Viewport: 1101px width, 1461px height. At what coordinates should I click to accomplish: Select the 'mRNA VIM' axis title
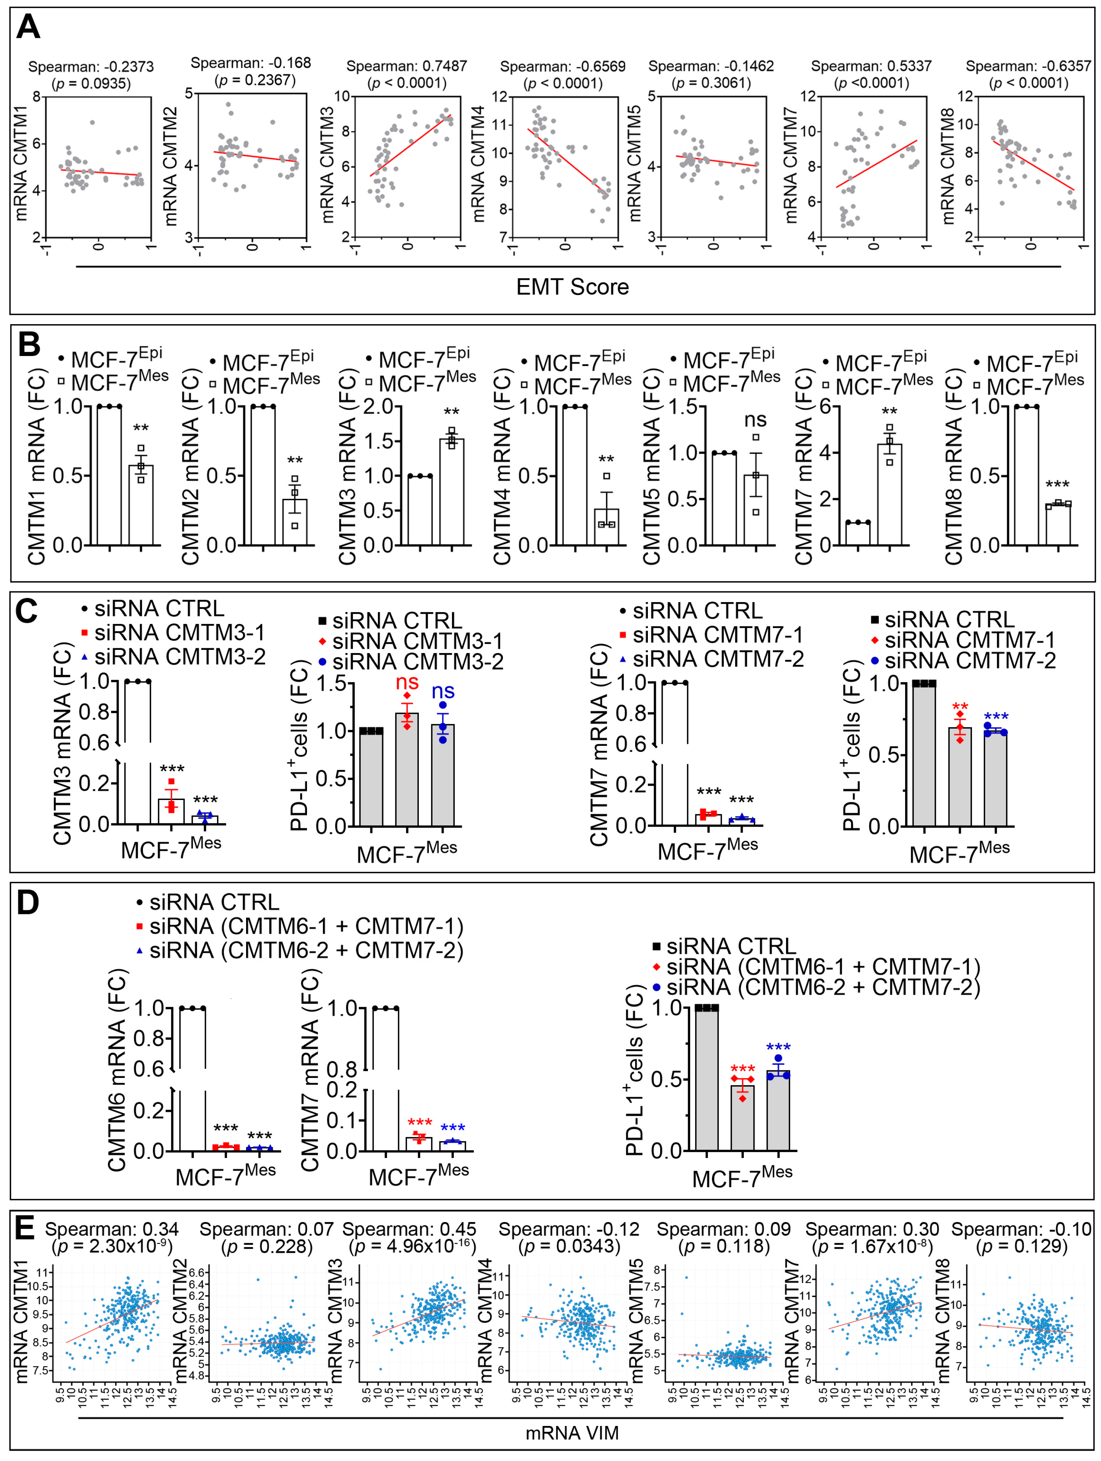(x=572, y=1433)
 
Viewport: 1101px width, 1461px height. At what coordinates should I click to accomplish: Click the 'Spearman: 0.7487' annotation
(x=406, y=66)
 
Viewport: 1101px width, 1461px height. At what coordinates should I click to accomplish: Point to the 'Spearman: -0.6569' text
(x=562, y=66)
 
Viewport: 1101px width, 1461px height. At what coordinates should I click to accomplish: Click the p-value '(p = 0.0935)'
(x=91, y=83)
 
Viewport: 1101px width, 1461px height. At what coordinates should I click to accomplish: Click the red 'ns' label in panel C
(x=407, y=682)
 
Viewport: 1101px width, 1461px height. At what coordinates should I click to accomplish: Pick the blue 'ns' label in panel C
(x=442, y=691)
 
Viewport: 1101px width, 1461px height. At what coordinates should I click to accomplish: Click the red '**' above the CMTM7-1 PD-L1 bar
(x=960, y=707)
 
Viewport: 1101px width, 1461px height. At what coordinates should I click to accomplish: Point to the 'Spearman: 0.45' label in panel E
(x=409, y=1229)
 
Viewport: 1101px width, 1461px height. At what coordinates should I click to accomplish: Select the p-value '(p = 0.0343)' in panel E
(x=569, y=1246)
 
